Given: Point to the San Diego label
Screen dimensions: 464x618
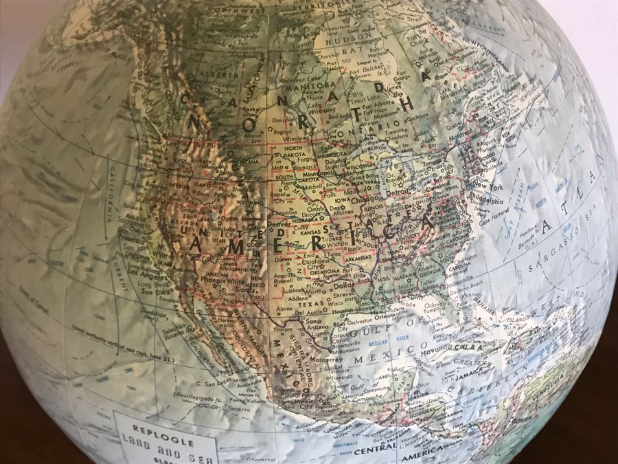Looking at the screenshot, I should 157,289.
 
